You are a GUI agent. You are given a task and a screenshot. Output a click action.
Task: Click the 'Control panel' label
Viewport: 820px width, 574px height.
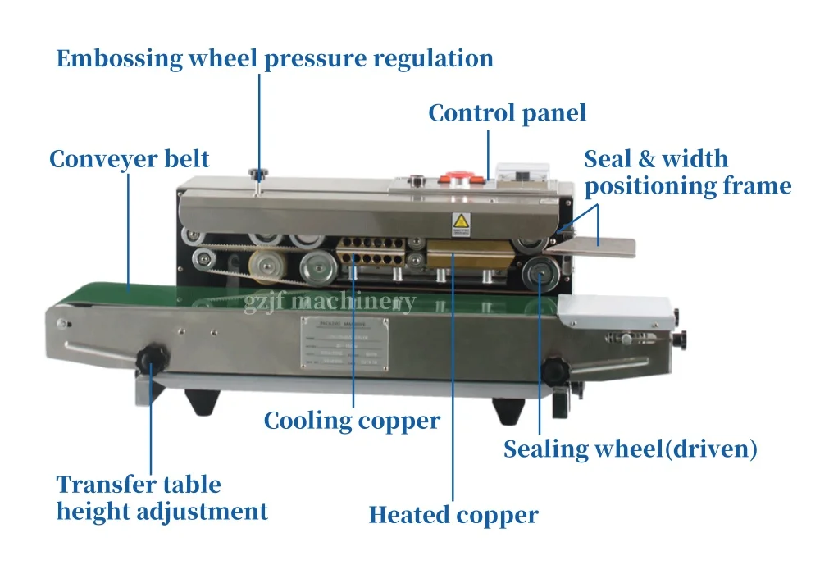pos(507,112)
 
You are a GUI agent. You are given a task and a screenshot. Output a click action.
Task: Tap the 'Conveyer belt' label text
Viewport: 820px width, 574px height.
pos(129,158)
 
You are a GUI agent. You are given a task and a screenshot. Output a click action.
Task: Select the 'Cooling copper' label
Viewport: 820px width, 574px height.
pos(352,421)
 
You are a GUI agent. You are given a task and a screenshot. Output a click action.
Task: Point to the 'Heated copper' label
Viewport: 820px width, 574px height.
pos(453,515)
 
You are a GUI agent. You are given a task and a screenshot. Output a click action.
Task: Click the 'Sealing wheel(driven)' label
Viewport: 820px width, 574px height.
pos(630,449)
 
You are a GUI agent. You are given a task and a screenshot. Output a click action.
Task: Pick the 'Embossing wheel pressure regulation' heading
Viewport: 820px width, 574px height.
pos(275,59)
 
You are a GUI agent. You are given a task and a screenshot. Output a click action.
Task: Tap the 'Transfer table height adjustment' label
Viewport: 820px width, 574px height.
pos(162,498)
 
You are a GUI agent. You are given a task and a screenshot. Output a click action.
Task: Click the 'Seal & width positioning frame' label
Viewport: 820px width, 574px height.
pos(687,172)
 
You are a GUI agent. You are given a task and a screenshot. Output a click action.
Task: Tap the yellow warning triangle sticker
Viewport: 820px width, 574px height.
pos(461,221)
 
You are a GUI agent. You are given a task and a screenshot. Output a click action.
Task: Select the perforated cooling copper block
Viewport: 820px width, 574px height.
pos(373,252)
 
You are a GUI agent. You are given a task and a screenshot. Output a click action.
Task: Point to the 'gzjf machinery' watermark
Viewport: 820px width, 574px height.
pos(330,302)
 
